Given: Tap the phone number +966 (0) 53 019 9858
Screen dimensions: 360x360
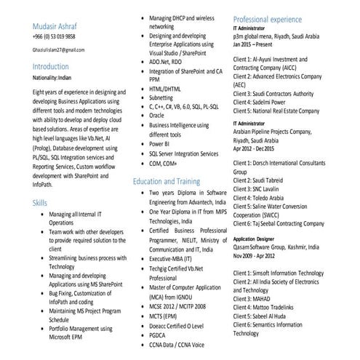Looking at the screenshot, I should (x=54, y=36).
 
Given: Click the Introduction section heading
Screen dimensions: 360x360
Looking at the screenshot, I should (x=55, y=66).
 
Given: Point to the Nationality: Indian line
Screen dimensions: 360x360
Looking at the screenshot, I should (x=55, y=78).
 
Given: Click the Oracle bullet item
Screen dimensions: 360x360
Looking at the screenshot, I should (x=156, y=115).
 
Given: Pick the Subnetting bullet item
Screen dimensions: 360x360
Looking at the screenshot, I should (x=161, y=97).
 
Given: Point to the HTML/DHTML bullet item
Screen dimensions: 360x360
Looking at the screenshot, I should (x=165, y=88).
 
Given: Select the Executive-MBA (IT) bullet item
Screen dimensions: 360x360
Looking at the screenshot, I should (x=171, y=258).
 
